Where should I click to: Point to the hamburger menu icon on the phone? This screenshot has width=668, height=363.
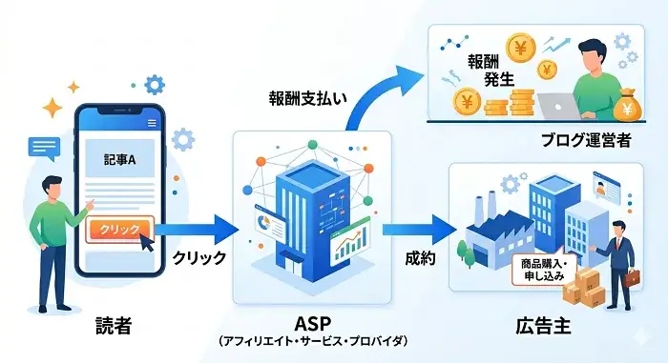152,123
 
